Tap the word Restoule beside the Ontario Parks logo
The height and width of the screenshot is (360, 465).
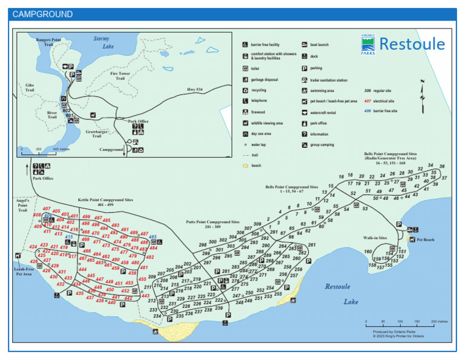(x=412, y=44)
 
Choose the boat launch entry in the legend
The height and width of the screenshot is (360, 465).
(x=319, y=45)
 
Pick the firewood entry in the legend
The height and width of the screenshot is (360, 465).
(x=258, y=112)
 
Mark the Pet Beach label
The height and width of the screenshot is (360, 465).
(x=425, y=240)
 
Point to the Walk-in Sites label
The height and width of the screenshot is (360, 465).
(x=375, y=238)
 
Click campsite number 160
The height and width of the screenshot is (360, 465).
(x=368, y=252)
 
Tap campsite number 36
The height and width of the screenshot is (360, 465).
(x=442, y=167)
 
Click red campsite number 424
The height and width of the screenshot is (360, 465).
(x=33, y=247)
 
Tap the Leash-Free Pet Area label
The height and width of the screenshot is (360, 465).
(x=23, y=271)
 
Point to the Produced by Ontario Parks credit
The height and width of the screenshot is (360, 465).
(x=394, y=332)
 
